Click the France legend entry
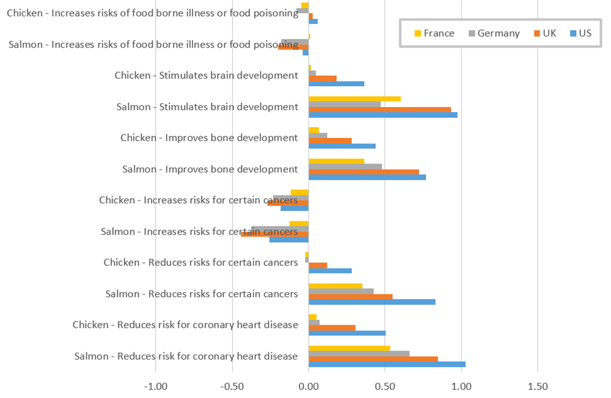[x=434, y=33]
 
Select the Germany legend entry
[x=493, y=33]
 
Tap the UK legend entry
[x=544, y=33]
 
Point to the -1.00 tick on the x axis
[x=156, y=386]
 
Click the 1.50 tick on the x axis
[x=537, y=386]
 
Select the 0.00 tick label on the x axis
[x=309, y=386]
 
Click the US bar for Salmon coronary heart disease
[x=387, y=364]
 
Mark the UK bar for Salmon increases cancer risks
[x=275, y=234]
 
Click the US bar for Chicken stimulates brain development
[x=336, y=84]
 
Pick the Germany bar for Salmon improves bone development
[x=345, y=167]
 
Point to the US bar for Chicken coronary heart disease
[x=347, y=333]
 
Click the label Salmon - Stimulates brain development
[x=207, y=107]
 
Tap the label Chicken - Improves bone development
[x=209, y=138]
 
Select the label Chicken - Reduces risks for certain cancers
[x=200, y=262]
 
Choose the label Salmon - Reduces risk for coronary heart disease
[x=186, y=356]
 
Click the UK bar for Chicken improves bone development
[x=330, y=141]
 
